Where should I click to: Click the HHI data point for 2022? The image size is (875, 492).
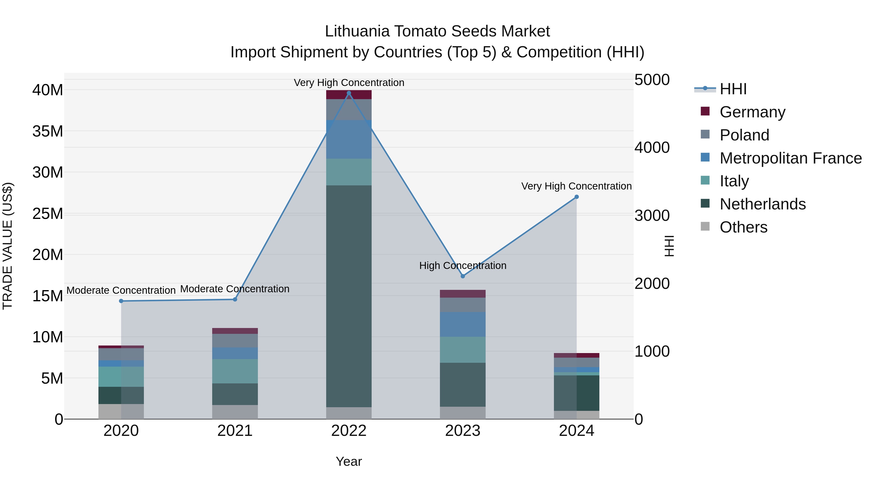point(349,93)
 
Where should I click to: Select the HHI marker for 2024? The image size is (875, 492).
point(577,197)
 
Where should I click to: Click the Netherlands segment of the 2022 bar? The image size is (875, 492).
point(349,295)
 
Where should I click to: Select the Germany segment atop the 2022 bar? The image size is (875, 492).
point(349,95)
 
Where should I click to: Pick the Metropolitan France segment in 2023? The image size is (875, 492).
point(463,324)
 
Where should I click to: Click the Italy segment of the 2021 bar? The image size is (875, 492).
point(235,371)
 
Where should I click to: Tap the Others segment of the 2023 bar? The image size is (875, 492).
point(463,413)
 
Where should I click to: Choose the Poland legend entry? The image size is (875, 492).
point(744,135)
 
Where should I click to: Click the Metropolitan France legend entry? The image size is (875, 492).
point(790,158)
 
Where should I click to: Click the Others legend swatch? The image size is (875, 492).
point(705,226)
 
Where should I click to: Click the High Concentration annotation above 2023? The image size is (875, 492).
point(463,266)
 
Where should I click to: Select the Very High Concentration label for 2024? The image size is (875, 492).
point(577,186)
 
